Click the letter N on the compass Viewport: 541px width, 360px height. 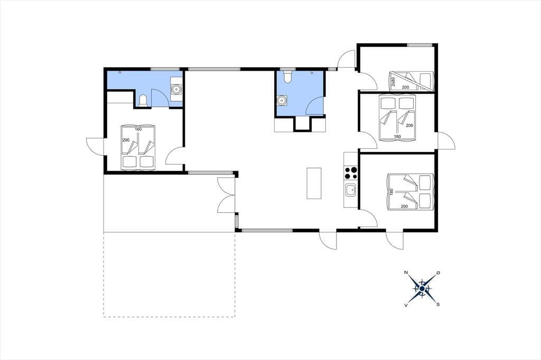tap(406, 273)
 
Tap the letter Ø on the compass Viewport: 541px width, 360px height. tap(438, 273)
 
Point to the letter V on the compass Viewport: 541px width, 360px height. tap(406, 305)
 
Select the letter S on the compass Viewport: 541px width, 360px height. tap(438, 305)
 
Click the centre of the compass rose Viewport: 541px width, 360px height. tap(422, 288)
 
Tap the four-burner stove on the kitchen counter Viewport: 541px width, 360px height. tap(351, 173)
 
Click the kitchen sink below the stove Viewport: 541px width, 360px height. tap(351, 190)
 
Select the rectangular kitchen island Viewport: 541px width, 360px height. tap(314, 183)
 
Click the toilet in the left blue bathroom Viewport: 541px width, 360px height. tap(143, 100)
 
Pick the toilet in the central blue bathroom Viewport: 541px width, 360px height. tap(287, 77)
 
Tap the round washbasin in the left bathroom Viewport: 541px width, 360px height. tap(176, 89)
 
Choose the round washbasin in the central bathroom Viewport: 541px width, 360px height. tap(282, 100)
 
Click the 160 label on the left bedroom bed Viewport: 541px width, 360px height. tap(138, 129)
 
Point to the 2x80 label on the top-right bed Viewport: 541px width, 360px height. tap(393, 82)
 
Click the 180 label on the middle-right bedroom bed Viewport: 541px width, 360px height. tap(397, 137)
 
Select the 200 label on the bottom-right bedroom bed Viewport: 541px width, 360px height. tap(404, 206)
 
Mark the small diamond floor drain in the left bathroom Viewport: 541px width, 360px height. tap(119, 72)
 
